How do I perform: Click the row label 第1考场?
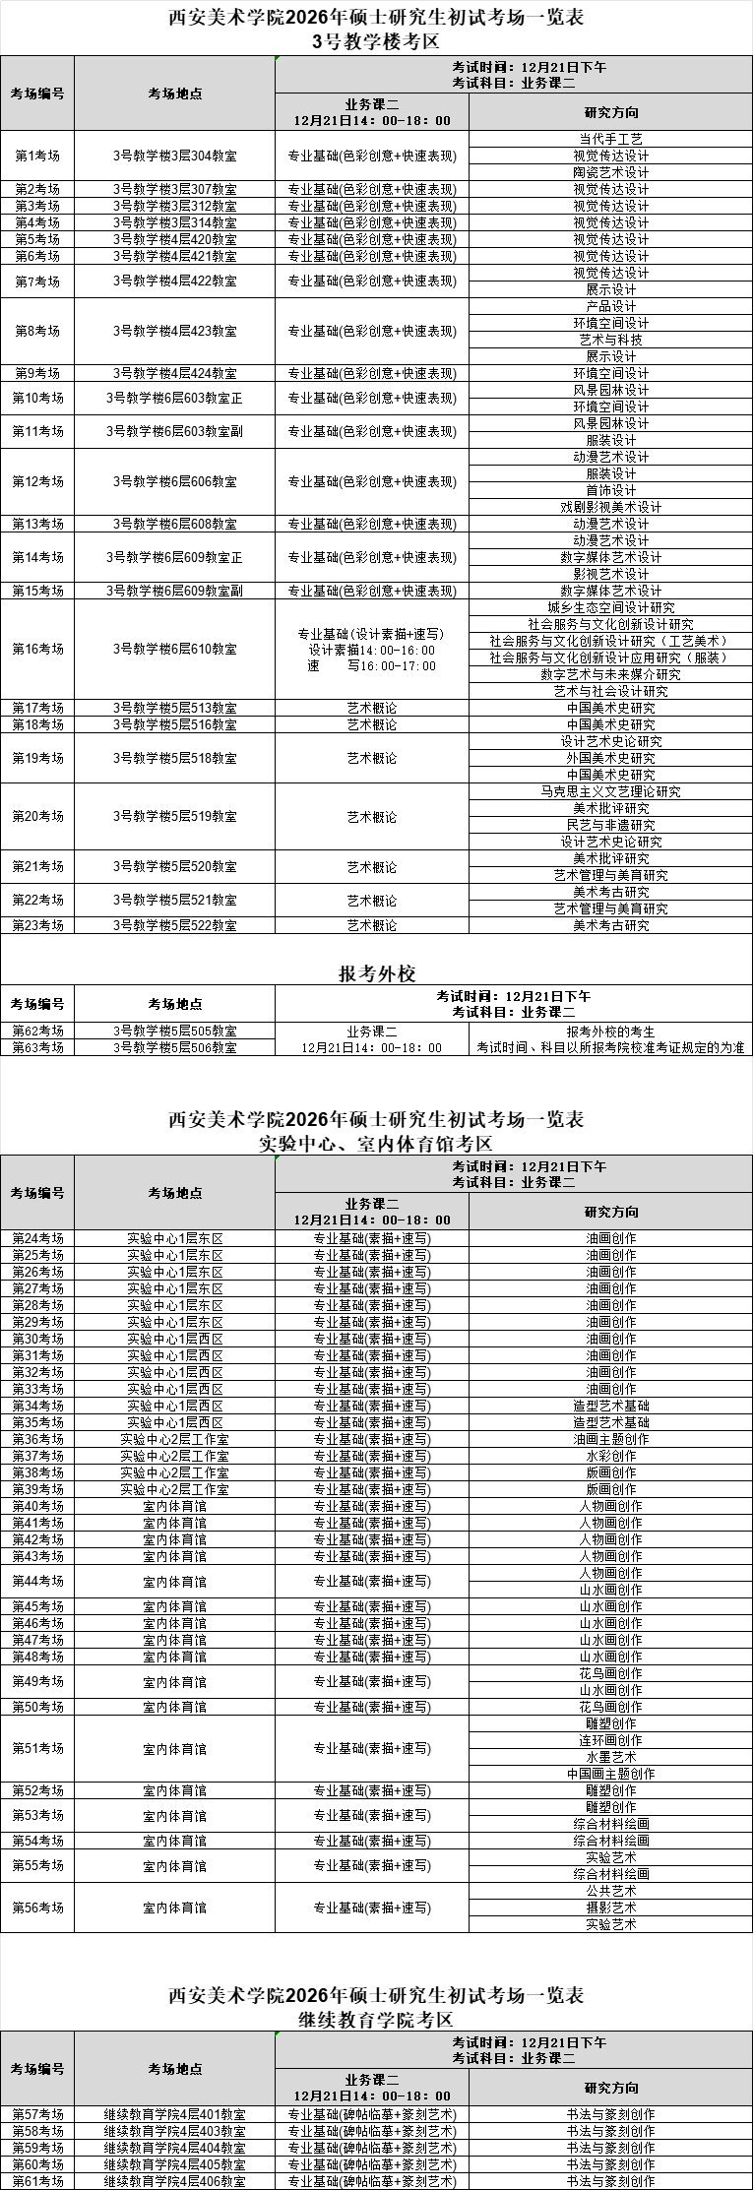[37, 156]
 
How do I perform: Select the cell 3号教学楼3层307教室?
[174, 189]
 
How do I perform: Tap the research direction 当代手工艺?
[610, 139]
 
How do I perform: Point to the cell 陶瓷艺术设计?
[610, 172]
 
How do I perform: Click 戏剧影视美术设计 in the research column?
[610, 507]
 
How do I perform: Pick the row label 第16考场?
[37, 650]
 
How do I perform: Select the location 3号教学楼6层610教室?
[174, 650]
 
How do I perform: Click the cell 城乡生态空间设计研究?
[610, 607]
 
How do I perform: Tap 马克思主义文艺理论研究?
[610, 791]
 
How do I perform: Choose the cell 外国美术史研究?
[610, 758]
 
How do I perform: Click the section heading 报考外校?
[377, 973]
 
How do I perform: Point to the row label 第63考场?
[37, 1048]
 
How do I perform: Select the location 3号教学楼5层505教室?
[174, 1032]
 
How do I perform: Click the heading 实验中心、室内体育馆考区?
[377, 1144]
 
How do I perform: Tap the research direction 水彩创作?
[610, 1456]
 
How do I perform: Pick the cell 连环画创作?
[610, 1740]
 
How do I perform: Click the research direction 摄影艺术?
[610, 1908]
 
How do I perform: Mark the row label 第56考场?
[37, 1908]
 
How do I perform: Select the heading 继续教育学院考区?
[377, 2020]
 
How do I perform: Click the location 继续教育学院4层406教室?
[174, 2181]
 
